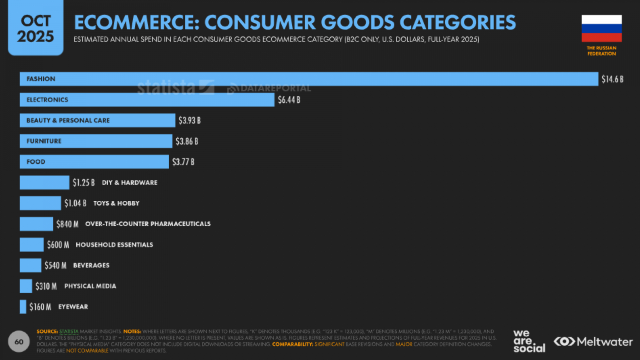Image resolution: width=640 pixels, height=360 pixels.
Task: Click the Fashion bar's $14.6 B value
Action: (x=612, y=79)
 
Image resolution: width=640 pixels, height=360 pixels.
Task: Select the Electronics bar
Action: (x=147, y=100)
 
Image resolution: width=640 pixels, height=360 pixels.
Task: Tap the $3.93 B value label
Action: (x=190, y=120)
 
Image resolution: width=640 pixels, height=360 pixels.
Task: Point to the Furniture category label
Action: (x=44, y=141)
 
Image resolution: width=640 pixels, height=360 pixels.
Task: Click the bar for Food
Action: (x=94, y=162)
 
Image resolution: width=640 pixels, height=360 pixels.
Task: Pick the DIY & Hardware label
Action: (x=130, y=182)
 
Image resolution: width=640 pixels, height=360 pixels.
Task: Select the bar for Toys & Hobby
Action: (x=40, y=203)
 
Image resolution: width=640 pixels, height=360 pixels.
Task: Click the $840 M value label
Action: (x=67, y=224)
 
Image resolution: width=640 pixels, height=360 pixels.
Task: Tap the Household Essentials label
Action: (x=114, y=245)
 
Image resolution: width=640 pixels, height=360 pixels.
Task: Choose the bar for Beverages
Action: (x=30, y=265)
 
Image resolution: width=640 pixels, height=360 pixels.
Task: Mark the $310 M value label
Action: (x=46, y=286)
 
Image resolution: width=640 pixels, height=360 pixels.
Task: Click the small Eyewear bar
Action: (x=23, y=307)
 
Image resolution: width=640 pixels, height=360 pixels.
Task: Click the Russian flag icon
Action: (x=601, y=28)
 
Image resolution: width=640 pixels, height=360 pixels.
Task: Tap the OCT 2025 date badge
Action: (x=36, y=28)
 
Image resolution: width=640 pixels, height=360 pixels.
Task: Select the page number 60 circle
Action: (x=19, y=342)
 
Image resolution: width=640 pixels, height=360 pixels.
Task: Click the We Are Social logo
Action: (x=529, y=341)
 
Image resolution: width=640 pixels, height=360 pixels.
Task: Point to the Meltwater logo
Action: (x=593, y=342)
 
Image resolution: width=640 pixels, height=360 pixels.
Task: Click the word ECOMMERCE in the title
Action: (x=136, y=22)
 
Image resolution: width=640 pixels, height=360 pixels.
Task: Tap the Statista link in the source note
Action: (x=69, y=332)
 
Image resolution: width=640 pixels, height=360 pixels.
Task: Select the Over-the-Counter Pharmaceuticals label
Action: (x=148, y=224)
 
